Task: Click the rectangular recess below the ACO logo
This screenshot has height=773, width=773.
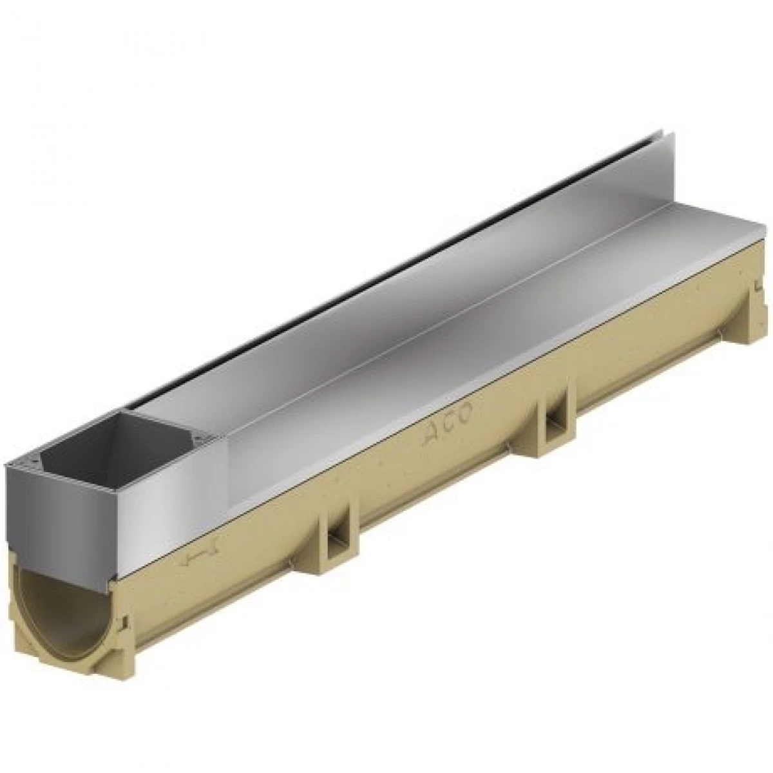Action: (x=553, y=423)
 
